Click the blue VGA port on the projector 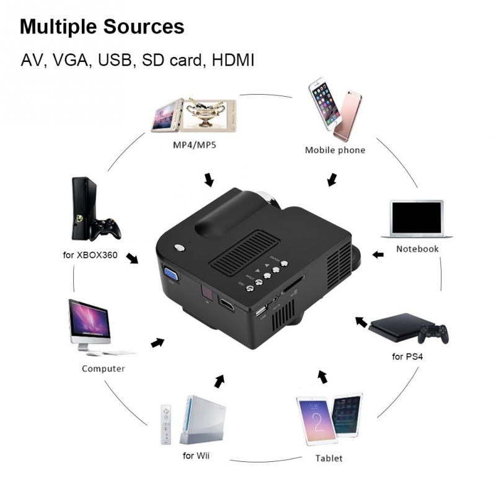(170, 272)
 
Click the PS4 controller (433, 333)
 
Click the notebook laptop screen (417, 218)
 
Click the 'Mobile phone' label (335, 150)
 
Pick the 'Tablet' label (329, 459)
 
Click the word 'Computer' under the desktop (104, 368)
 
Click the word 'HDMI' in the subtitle (233, 61)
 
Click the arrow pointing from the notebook (378, 254)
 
